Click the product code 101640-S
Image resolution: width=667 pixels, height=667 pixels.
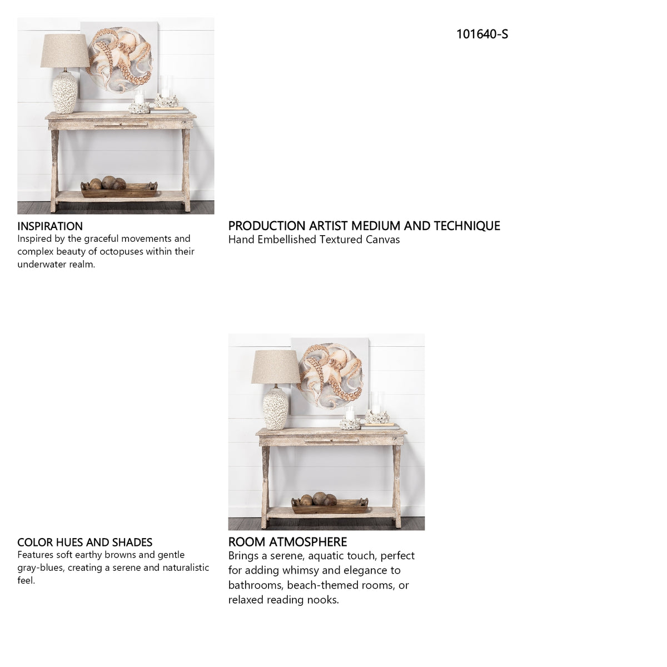pos(482,34)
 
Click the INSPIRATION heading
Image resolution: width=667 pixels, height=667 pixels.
pos(50,226)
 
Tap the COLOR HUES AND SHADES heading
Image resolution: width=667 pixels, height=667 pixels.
pos(85,542)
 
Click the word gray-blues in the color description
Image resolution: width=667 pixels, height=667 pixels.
pos(41,568)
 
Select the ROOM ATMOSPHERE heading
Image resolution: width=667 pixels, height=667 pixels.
pos(287,542)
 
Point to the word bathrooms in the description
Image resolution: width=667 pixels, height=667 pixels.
pos(256,585)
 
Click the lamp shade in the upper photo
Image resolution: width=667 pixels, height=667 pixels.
pos(64,51)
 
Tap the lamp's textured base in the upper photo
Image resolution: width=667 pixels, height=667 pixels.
pos(64,93)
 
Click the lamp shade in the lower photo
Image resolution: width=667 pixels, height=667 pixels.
pos(276,366)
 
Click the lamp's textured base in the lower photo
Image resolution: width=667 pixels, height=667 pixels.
pos(275,409)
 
